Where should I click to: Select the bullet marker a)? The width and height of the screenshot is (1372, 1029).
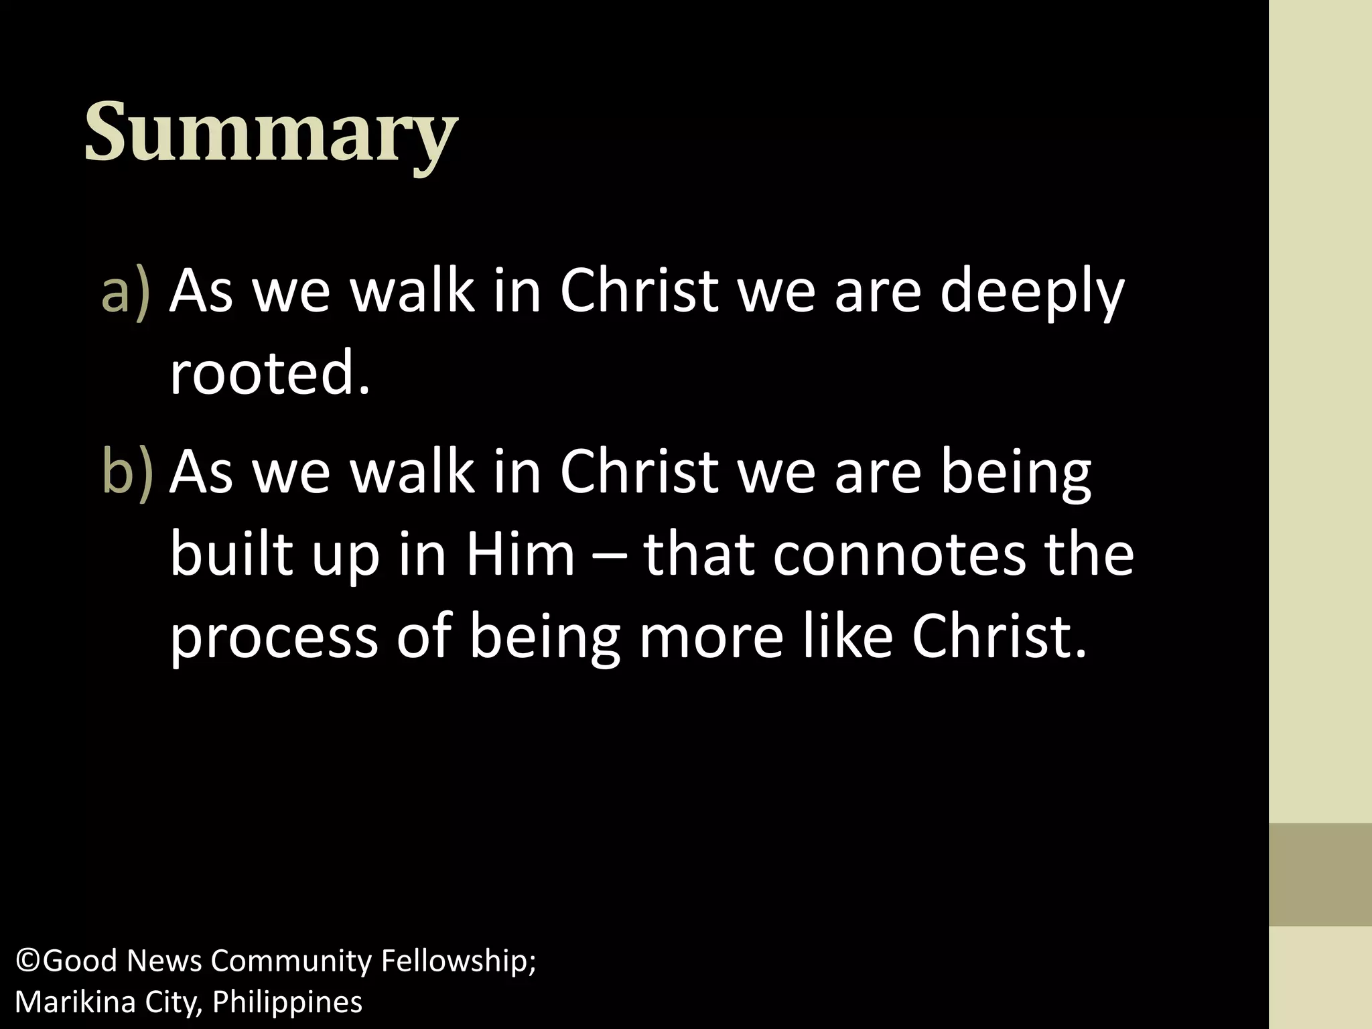(125, 292)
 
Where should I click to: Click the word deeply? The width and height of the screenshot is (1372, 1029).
(1031, 292)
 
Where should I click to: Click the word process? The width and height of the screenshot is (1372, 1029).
(274, 638)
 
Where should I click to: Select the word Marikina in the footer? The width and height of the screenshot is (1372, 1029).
(66, 1002)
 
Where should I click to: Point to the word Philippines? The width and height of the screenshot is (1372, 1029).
(287, 1003)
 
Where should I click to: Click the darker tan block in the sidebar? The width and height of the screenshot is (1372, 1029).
(1320, 874)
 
